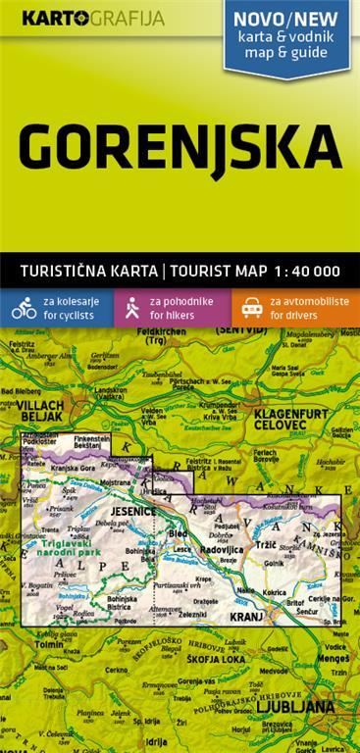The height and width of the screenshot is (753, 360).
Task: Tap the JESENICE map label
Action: point(132,511)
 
